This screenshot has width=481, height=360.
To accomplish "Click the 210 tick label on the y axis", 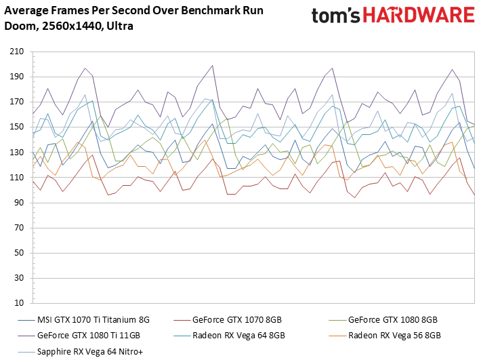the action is (x=16, y=52).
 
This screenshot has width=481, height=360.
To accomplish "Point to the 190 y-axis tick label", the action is (x=16, y=77).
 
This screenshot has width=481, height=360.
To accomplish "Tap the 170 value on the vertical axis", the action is (x=16, y=102).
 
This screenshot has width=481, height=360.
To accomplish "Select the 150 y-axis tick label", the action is (x=16, y=127).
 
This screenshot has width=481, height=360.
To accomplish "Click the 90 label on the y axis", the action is (x=19, y=203).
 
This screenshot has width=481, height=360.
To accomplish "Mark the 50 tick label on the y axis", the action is (x=19, y=253).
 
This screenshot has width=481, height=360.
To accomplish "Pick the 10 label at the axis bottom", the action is (x=19, y=303).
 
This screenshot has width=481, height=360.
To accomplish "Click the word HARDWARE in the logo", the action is (x=419, y=15).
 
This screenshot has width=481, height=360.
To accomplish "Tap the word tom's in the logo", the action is (x=335, y=16).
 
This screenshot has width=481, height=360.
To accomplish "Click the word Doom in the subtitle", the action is (x=21, y=26).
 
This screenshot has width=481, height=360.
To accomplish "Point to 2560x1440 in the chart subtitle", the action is (x=72, y=26).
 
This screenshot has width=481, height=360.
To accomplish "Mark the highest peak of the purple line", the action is (x=212, y=65).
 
